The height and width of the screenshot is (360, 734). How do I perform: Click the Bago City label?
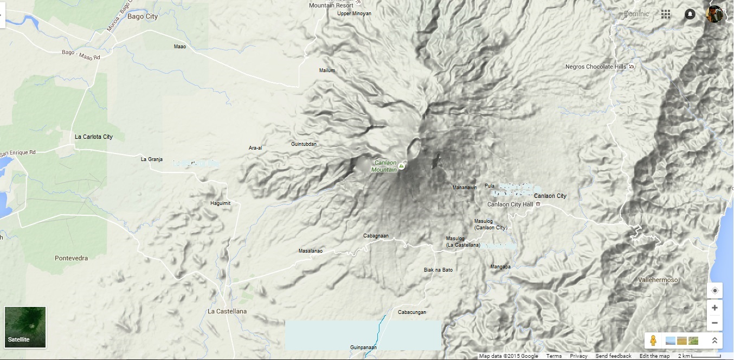[x=143, y=17]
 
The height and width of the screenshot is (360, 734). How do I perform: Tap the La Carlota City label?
[x=94, y=137]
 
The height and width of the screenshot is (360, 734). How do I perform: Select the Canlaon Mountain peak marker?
[x=401, y=165]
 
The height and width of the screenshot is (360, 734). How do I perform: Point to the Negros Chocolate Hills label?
[x=596, y=67]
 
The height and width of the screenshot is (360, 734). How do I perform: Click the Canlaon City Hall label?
[x=510, y=204]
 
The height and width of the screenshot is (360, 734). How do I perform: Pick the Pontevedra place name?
[x=71, y=258]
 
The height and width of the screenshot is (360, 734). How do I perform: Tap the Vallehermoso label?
[x=658, y=280]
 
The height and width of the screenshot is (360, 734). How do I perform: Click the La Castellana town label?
[x=227, y=311]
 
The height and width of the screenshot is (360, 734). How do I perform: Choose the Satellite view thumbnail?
[x=25, y=327]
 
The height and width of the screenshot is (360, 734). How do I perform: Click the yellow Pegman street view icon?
[x=653, y=340]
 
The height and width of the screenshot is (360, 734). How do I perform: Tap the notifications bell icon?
[x=690, y=14]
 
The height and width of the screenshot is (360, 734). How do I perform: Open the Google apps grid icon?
[x=666, y=14]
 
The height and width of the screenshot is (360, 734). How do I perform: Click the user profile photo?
[x=714, y=14]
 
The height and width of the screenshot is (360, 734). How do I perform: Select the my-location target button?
[x=714, y=291]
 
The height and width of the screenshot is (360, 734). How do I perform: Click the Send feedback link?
[x=613, y=356]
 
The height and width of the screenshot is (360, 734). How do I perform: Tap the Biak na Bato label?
[x=438, y=270]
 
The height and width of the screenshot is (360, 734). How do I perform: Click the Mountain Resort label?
[x=331, y=5]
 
